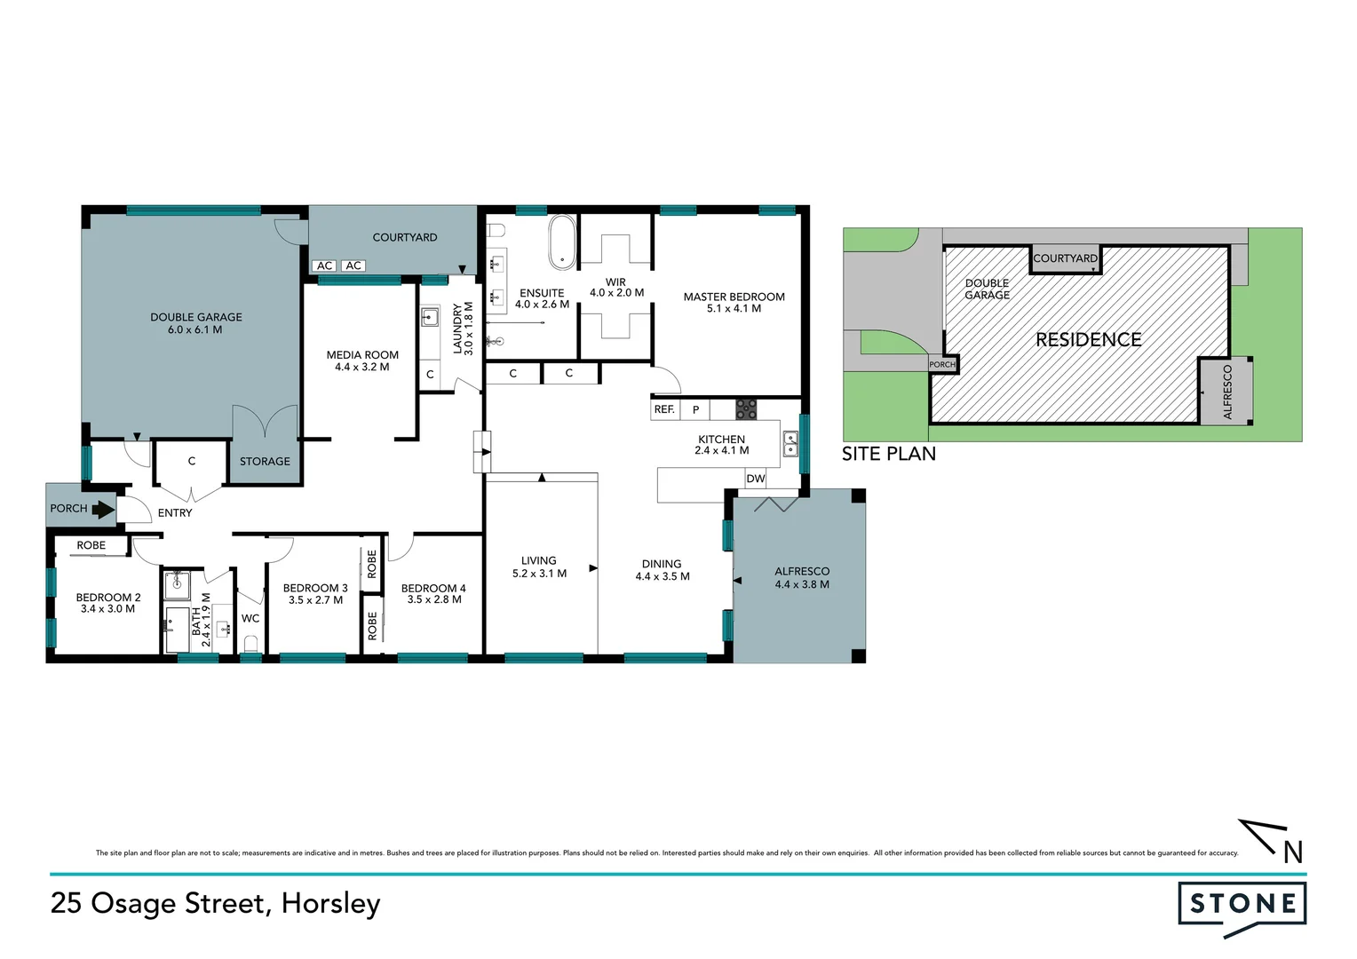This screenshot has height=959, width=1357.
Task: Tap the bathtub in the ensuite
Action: click(562, 242)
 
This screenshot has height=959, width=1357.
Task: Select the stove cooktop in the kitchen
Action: click(746, 409)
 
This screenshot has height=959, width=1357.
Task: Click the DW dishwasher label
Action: click(756, 479)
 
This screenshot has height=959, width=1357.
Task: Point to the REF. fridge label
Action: click(664, 409)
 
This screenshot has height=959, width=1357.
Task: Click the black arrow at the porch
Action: click(103, 510)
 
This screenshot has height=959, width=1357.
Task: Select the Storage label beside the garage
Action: click(265, 462)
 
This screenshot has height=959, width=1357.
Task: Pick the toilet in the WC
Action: click(250, 643)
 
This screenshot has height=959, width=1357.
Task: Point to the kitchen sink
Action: click(790, 442)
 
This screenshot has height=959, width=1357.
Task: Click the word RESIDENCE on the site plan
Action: click(1089, 340)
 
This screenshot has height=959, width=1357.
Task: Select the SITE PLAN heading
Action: click(889, 454)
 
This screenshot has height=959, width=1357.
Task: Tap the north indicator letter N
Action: click(1293, 852)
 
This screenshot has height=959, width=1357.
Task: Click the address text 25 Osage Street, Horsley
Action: click(216, 903)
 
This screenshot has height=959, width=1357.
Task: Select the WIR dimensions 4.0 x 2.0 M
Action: click(616, 293)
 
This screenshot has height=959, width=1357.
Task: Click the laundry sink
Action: click(430, 317)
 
